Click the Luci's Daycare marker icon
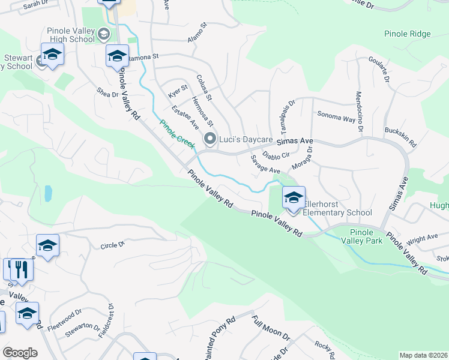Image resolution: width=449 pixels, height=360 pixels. click(x=210, y=139)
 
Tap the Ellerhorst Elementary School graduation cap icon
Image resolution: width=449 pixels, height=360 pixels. click(x=294, y=197)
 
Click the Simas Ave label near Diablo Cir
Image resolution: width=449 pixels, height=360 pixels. click(x=295, y=142)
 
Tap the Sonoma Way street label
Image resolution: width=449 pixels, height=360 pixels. click(x=336, y=116)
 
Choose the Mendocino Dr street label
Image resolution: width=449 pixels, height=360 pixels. click(x=360, y=112)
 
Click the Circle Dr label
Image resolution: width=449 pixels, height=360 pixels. click(x=112, y=245)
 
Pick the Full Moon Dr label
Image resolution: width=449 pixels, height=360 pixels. click(x=271, y=328)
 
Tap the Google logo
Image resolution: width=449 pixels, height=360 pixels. click(x=19, y=353)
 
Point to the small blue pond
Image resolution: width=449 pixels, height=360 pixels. click(x=47, y=193)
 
